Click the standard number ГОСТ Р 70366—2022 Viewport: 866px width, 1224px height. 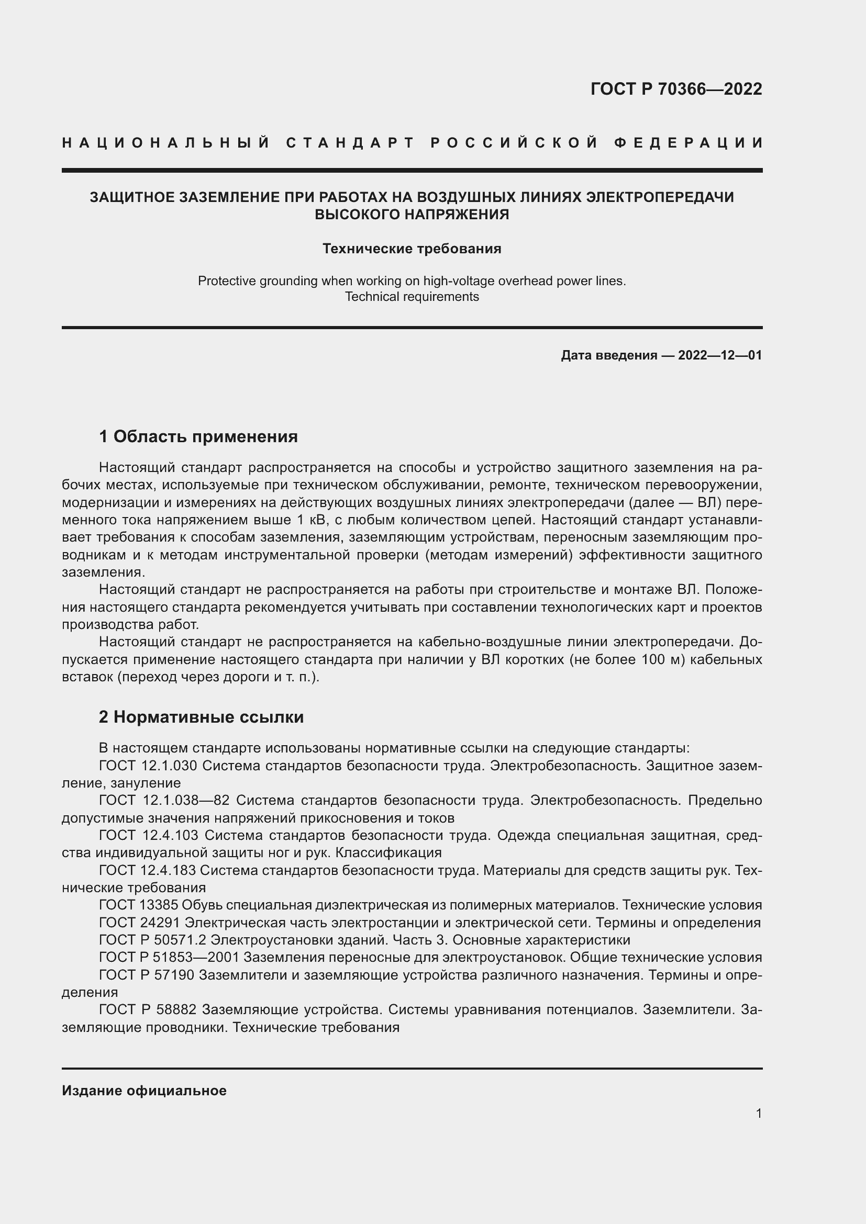pos(675,89)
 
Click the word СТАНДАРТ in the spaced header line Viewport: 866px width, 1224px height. pos(350,143)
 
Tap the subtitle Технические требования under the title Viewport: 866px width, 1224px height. pos(412,249)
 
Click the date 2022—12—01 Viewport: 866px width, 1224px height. pos(720,355)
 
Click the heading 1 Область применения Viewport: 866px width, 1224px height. pos(198,436)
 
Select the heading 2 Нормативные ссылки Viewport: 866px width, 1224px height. pos(201,717)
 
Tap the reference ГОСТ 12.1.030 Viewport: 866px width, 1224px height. pos(148,766)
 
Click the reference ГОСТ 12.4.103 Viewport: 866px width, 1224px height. pos(148,835)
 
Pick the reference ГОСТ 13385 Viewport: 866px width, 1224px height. pos(138,905)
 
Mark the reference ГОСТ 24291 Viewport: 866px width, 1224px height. pos(138,922)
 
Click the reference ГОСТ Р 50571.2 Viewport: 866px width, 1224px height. pos(152,939)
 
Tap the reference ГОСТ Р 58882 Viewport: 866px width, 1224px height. pos(148,1009)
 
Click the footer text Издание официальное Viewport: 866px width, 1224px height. pos(144,1091)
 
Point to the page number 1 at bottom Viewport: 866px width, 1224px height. pos(758,1113)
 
